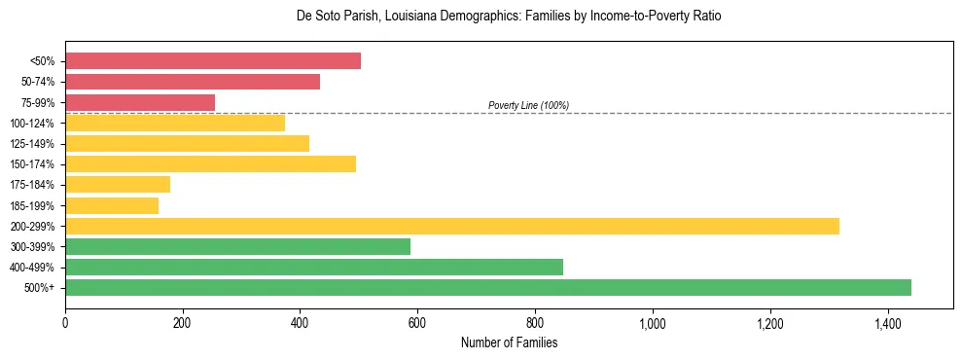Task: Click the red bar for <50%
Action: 213,61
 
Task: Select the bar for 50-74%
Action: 193,82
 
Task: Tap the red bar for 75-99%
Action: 140,102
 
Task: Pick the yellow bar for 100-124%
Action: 175,123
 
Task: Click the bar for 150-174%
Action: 210,163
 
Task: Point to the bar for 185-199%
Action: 112,205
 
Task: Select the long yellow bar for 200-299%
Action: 452,226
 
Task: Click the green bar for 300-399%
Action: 237,246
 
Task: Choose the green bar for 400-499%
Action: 314,267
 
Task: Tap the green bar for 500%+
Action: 488,287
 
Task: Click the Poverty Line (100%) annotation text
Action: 528,105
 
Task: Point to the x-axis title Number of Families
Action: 509,342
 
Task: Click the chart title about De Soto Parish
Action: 509,17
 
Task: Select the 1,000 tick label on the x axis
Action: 653,323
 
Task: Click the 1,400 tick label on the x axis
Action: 887,323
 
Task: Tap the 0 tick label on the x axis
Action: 65,323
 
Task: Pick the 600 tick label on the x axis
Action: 417,323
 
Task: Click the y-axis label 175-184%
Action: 32,185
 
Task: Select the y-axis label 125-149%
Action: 32,144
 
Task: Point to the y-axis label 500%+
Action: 39,288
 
